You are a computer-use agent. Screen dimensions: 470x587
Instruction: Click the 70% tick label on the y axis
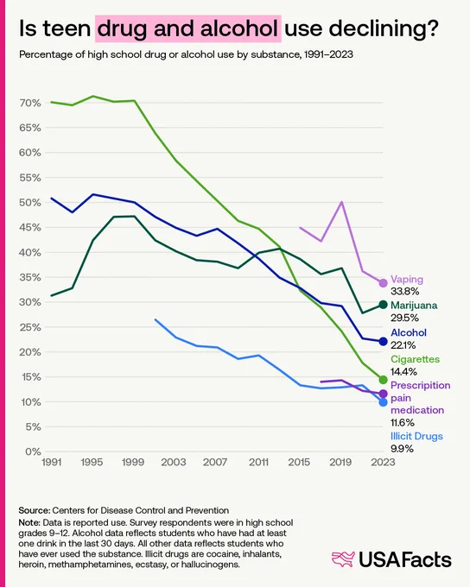point(30,103)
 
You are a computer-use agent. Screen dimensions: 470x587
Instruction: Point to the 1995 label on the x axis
point(92,462)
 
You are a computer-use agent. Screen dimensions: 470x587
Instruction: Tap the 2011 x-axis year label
point(258,462)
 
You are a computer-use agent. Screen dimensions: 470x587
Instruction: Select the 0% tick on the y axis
point(33,451)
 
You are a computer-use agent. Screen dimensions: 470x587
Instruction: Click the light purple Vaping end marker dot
point(383,283)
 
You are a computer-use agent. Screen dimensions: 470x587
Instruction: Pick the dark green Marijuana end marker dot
point(383,305)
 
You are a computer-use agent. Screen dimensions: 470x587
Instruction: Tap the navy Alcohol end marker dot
point(383,342)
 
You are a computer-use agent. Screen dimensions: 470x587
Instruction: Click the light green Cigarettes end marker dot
point(383,380)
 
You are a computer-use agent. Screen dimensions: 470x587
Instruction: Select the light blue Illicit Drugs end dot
point(383,402)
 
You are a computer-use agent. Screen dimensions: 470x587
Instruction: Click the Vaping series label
point(407,280)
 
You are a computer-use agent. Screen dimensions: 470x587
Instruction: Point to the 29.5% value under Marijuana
point(404,318)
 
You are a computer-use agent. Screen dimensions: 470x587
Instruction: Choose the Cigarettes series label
point(415,359)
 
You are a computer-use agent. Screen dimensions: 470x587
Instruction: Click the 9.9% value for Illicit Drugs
point(402,449)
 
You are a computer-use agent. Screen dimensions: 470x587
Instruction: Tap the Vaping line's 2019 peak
point(342,202)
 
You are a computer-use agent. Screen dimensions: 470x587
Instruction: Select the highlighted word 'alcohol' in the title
point(239,28)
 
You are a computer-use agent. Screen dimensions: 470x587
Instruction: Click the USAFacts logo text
point(405,559)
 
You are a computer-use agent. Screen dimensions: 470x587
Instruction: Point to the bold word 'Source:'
point(34,510)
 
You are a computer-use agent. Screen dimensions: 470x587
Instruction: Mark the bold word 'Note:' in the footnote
point(29,522)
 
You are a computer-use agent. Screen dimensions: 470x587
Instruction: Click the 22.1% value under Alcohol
point(403,345)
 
